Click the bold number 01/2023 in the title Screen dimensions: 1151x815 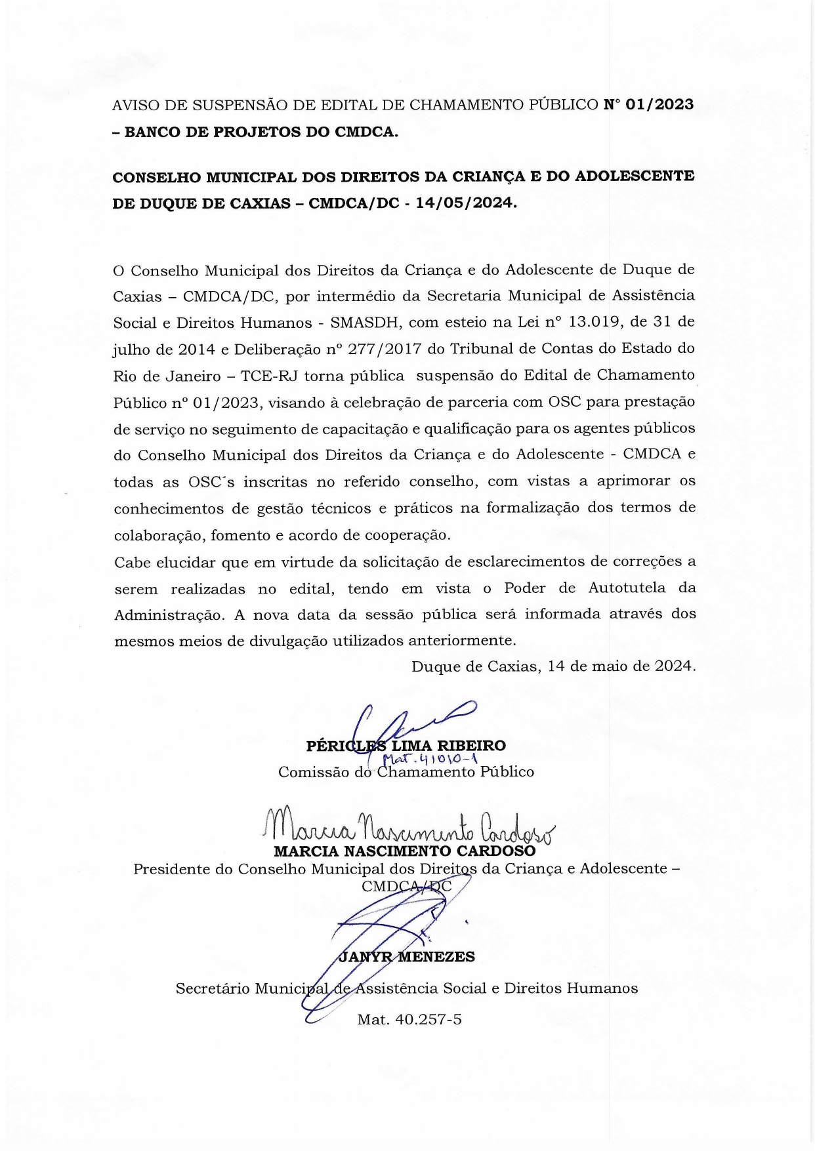tap(659, 105)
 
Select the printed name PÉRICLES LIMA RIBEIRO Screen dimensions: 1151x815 tap(406, 746)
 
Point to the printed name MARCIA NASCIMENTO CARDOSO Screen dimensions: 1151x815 tap(404, 851)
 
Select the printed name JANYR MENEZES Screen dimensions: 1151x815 tap(406, 957)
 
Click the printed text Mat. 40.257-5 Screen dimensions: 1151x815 tap(409, 1020)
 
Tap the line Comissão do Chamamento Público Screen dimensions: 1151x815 tap(406, 772)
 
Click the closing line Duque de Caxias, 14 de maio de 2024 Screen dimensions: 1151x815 tap(553, 667)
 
